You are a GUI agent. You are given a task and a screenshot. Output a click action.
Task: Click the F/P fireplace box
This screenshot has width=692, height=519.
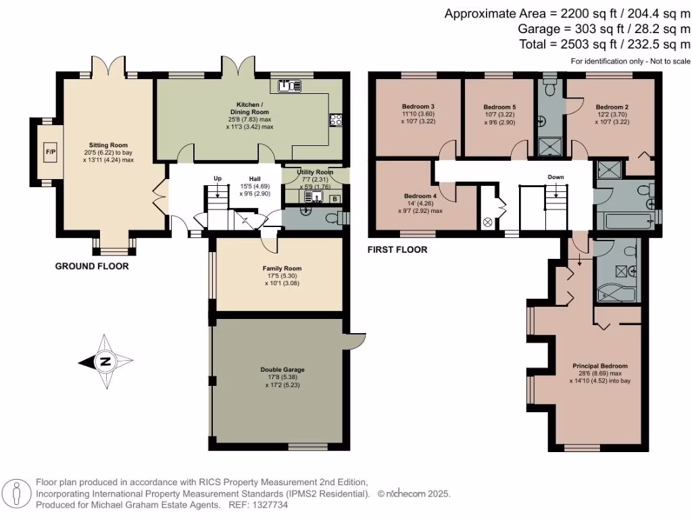click(51, 152)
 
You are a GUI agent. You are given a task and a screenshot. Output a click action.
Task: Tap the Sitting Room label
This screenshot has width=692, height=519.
click(108, 145)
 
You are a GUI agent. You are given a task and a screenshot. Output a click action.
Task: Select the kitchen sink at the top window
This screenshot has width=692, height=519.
click(289, 86)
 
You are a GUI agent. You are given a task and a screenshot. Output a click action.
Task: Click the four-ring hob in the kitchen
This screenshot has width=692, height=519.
click(335, 120)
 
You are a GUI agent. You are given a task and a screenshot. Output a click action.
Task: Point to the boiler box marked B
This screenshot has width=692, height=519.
click(335, 199)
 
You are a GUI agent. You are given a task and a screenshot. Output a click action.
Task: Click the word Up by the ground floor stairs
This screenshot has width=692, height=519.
click(218, 178)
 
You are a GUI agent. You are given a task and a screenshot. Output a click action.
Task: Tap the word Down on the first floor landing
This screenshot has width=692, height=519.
click(555, 177)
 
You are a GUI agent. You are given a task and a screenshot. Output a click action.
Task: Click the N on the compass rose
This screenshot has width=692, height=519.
click(105, 362)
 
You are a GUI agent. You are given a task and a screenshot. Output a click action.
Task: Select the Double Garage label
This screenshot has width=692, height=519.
click(282, 370)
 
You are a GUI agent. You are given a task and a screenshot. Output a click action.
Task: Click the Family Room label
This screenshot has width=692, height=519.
click(282, 268)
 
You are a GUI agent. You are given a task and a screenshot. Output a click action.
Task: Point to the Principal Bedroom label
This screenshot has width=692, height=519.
click(600, 366)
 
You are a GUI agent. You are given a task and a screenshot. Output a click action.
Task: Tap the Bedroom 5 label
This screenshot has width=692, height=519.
click(499, 107)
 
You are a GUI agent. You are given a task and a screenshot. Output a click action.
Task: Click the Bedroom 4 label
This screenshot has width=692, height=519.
click(420, 196)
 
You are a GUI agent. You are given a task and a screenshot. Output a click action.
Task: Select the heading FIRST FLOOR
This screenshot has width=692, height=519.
click(397, 250)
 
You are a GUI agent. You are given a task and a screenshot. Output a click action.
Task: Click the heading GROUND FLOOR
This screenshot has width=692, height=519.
click(92, 266)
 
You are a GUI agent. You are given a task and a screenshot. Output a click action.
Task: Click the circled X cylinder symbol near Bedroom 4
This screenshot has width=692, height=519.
click(488, 222)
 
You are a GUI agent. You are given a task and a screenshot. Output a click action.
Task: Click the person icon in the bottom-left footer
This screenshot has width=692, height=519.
click(16, 494)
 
